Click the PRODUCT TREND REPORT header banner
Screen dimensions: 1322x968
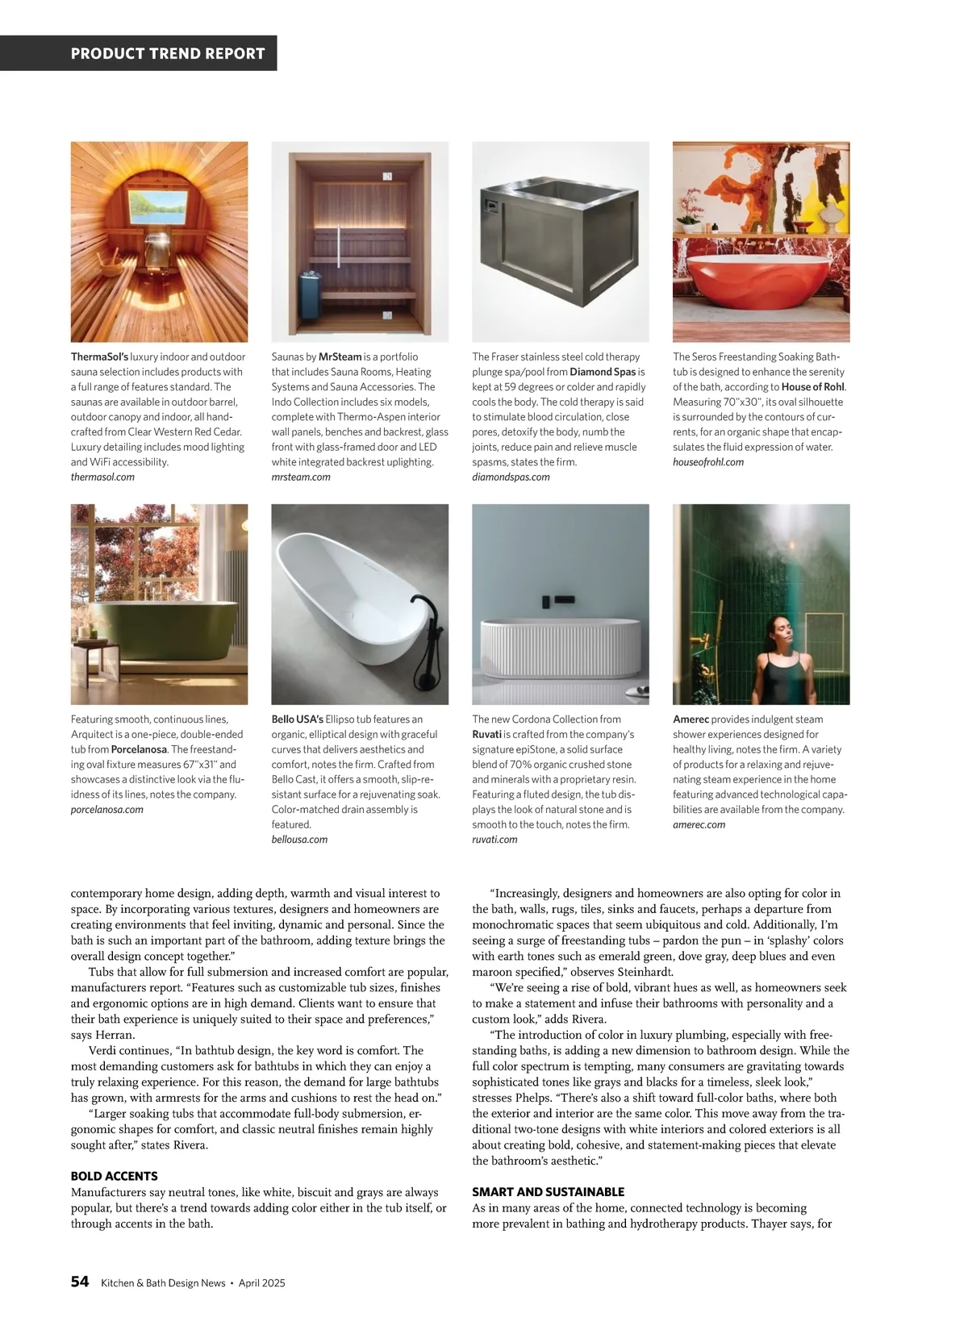168,54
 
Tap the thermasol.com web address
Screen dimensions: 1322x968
102,477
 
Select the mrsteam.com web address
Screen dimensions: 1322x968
301,477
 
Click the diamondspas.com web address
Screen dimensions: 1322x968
511,477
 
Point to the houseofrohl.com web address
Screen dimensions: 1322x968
708,462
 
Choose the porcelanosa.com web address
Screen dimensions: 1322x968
107,809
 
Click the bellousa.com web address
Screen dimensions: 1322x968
299,839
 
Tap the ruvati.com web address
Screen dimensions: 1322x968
494,839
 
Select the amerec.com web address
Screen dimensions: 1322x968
699,824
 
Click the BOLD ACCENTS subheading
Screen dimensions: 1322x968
115,1176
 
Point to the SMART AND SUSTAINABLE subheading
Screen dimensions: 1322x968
548,1191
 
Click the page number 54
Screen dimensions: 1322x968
80,1282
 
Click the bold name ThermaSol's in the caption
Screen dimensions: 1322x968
99,357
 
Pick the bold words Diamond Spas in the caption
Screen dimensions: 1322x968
603,372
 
